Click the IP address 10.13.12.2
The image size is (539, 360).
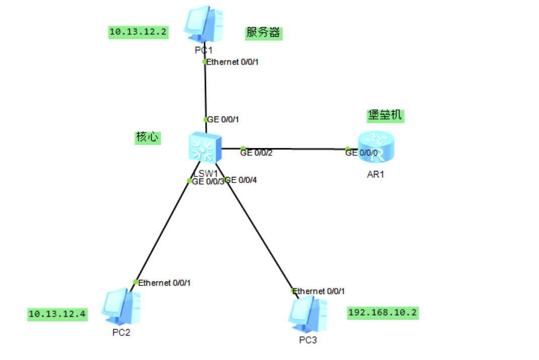click(139, 32)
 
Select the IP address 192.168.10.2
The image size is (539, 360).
click(383, 313)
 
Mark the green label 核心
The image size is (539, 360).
click(147, 137)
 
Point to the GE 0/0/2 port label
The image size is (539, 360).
click(256, 153)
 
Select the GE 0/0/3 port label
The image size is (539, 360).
click(208, 182)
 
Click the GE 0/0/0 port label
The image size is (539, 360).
click(361, 153)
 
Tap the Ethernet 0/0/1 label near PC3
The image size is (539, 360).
click(319, 291)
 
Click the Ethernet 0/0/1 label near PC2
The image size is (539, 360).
click(164, 283)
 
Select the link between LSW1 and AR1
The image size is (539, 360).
click(292, 149)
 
